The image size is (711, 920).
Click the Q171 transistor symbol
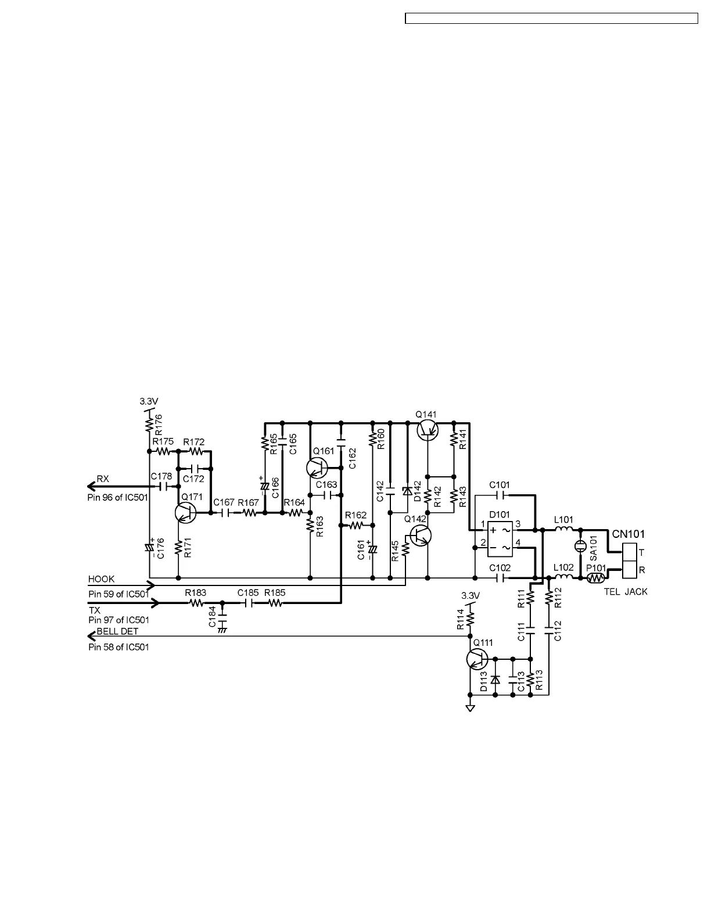pyautogui.click(x=185, y=512)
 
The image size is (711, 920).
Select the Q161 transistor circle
pyautogui.click(x=317, y=468)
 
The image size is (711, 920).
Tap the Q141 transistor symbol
pyautogui.click(x=428, y=429)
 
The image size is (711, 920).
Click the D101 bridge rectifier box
pyautogui.click(x=500, y=538)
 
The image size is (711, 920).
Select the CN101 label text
pyautogui.click(x=629, y=534)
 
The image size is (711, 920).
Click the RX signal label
pyautogui.click(x=103, y=479)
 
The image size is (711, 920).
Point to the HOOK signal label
pyautogui.click(x=101, y=579)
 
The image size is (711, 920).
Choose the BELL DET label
pyautogui.click(x=117, y=631)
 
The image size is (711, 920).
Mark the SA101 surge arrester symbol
pyautogui.click(x=580, y=546)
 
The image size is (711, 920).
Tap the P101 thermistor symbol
pyautogui.click(x=595, y=578)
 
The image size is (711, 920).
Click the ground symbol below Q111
pyautogui.click(x=470, y=707)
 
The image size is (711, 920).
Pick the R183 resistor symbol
pyautogui.click(x=196, y=603)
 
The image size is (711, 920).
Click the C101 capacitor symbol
pyautogui.click(x=499, y=495)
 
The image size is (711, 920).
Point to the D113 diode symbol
pyautogui.click(x=494, y=679)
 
